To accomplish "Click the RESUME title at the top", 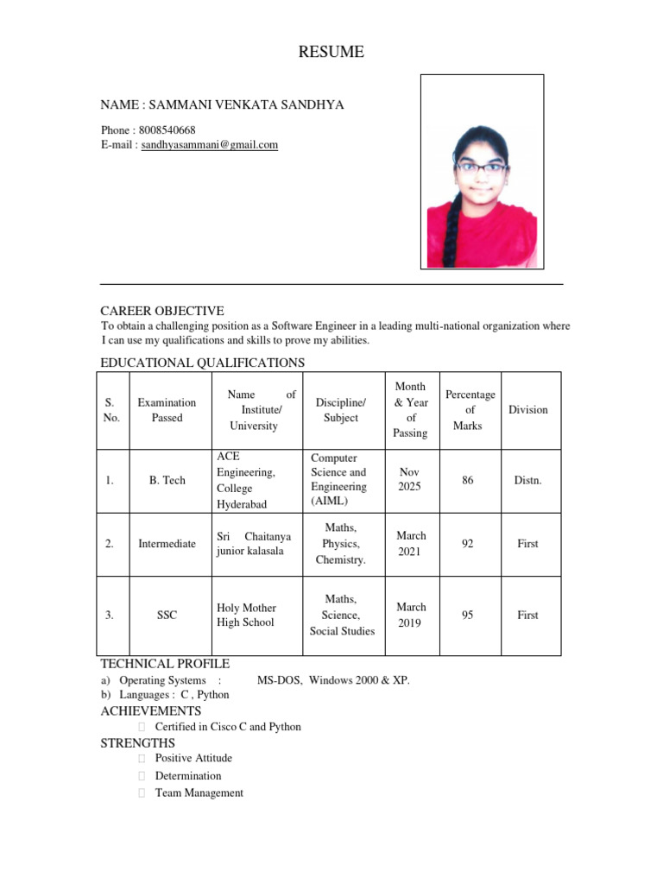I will pos(331,53).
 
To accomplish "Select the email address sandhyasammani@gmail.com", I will pos(210,145).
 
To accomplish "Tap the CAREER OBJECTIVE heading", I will pos(162,311).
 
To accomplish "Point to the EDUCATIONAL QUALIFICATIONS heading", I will pos(202,363).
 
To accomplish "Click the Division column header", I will pos(528,410).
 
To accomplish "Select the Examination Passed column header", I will pos(167,410).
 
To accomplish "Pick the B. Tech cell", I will pos(167,480).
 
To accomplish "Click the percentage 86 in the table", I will pos(468,480).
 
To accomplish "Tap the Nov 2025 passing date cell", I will pos(410,480).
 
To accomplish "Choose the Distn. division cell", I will pos(527,480).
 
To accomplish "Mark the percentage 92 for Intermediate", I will pos(468,544).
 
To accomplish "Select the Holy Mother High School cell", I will pos(245,615).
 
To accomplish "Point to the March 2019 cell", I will pos(410,615).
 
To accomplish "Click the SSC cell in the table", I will pos(167,616).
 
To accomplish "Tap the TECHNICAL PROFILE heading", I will pos(165,664).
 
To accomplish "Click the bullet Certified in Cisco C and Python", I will pos(228,727).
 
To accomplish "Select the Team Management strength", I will pos(199,792).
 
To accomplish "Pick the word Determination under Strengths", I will pos(187,775).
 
